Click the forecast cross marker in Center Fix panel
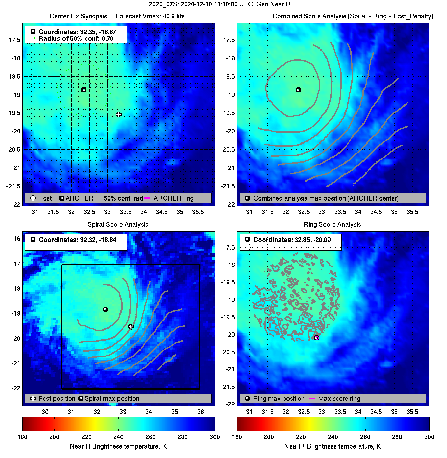click(118, 114)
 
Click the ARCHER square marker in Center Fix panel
click(84, 90)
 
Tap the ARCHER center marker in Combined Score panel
click(298, 90)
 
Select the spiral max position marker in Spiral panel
click(105, 309)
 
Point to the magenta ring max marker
click(316, 338)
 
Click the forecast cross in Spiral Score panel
click(131, 327)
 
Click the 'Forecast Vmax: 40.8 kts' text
click(150, 16)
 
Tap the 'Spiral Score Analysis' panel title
click(118, 224)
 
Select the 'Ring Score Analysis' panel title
click(332, 224)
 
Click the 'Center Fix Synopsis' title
click(78, 16)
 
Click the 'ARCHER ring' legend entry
click(173, 198)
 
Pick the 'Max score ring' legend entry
click(339, 399)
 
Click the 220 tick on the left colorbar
click(87, 437)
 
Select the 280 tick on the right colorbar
click(397, 437)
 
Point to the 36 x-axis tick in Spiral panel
click(201, 412)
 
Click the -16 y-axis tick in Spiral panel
click(16, 239)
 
